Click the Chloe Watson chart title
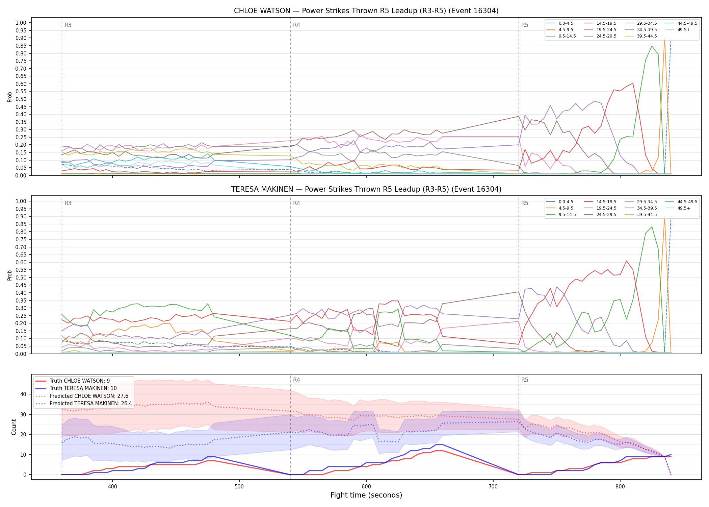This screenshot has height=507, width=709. (366, 11)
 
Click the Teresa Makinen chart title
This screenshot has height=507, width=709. (366, 189)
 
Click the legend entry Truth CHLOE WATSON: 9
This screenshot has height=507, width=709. (73, 381)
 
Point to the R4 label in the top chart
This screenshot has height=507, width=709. (296, 25)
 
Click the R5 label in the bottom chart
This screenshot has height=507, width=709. (525, 380)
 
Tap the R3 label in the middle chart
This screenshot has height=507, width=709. (68, 203)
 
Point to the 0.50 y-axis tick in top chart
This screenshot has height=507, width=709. (21, 99)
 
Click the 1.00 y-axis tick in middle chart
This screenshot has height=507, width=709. (21, 201)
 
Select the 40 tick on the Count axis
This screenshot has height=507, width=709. (23, 394)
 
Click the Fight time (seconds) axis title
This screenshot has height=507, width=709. (366, 495)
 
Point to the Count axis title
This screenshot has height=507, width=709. (14, 427)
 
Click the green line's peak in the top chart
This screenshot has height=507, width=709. (652, 46)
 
